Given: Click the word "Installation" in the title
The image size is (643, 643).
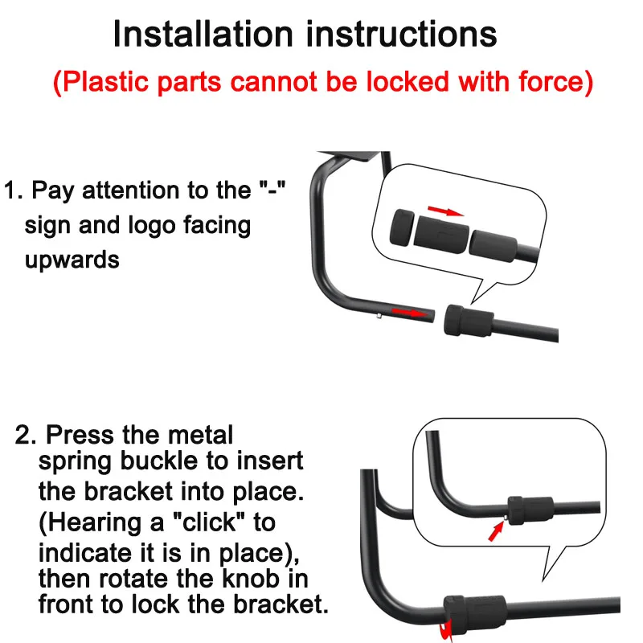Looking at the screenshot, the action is (203, 34).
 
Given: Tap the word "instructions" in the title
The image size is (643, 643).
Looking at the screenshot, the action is (402, 34).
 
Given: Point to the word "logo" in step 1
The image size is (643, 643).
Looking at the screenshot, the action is (152, 226).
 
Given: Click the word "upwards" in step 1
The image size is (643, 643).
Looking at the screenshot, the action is (72, 260).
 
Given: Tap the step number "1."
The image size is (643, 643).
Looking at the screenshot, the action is (14, 190).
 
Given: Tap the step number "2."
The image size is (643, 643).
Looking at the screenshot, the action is (26, 435).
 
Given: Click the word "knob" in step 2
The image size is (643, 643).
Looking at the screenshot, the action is (251, 578).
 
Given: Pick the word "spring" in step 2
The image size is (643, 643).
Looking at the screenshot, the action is (75, 461).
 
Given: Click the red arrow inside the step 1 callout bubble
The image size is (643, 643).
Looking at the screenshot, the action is (445, 211).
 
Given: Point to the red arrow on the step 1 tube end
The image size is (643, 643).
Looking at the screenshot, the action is (410, 313).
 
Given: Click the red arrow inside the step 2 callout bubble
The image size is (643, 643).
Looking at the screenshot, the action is (495, 532).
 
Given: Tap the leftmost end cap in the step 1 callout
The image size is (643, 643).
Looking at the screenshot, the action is (402, 227).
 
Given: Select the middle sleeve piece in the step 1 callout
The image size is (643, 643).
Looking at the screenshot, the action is (441, 235).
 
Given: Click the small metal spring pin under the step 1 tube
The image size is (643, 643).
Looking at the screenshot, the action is (379, 316).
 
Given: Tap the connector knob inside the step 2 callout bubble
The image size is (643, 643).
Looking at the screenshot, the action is (530, 510).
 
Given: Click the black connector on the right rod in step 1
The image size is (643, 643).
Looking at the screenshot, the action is (469, 321).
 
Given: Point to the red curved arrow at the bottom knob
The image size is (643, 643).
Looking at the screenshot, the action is (445, 630).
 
